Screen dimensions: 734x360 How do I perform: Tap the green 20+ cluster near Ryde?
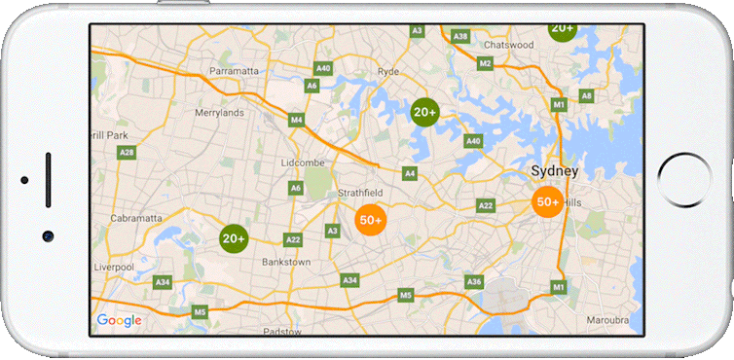coord(424,112)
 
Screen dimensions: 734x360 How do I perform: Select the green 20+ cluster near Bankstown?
coord(234,237)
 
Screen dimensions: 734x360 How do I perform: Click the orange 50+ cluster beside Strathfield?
coord(371,221)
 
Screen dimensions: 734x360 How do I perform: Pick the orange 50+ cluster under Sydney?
coord(547,201)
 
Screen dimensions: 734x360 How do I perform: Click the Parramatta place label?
coord(234,71)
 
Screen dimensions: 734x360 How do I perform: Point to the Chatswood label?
coord(508,45)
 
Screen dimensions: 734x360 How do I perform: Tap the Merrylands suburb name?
coord(219,113)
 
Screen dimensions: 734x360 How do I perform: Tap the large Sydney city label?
coord(554,171)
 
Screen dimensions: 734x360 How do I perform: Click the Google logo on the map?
coord(119,321)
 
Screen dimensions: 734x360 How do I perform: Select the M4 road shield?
coord(297,120)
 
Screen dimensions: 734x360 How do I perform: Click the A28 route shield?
coord(127,153)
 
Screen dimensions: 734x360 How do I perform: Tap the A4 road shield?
coord(410,173)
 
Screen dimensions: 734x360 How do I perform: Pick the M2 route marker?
coord(485,63)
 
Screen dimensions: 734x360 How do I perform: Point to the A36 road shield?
coord(474,282)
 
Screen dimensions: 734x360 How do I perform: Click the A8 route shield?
coord(586,95)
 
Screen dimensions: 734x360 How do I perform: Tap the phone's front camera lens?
coord(47,236)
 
